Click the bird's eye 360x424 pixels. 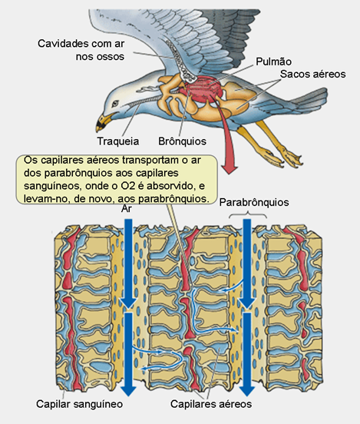click(115, 103)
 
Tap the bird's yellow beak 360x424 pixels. click(104, 122)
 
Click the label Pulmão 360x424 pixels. click(273, 62)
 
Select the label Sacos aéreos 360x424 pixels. click(312, 74)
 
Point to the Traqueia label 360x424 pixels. click(118, 141)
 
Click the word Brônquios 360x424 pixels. click(182, 141)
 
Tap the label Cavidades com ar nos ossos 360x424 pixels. click(81, 50)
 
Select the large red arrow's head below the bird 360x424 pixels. click(230, 167)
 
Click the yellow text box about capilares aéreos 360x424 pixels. click(117, 179)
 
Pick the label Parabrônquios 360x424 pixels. click(254, 203)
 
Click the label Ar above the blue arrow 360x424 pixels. click(126, 209)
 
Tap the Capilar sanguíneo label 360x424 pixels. click(80, 404)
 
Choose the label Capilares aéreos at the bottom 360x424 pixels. click(211, 404)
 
